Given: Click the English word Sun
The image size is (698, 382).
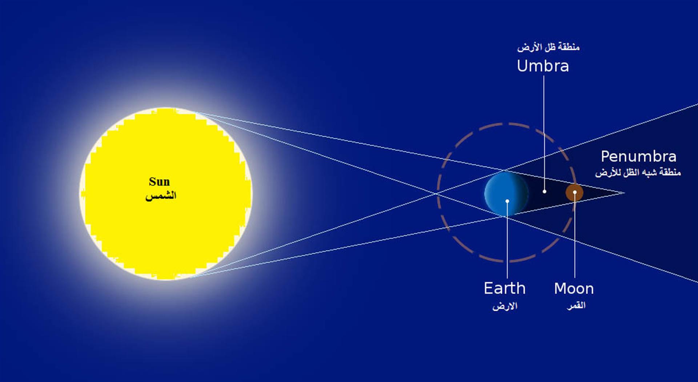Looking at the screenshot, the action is [159, 182].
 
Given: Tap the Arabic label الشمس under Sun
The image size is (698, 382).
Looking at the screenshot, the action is [161, 196].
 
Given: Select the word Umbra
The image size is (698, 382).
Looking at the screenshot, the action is [543, 66].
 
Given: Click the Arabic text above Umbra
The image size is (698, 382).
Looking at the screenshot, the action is [548, 47].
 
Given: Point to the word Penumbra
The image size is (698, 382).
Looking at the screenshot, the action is [638, 157].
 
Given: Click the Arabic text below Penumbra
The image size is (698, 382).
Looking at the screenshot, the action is [638, 172].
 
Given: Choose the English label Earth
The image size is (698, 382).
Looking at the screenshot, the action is [505, 289].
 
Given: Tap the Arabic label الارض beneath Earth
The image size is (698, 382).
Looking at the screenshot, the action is [505, 306].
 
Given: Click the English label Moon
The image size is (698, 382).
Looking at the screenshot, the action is [574, 289].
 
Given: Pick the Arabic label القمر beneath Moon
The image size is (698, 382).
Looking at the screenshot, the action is [576, 306].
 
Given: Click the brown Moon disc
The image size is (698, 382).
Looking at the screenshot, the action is [574, 193].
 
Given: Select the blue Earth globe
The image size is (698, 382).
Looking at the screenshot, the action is [506, 193].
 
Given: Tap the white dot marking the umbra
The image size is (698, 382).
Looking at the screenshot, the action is [544, 191].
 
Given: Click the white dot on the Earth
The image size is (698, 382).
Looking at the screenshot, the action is [507, 201].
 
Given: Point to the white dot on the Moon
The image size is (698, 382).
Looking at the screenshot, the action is [575, 192].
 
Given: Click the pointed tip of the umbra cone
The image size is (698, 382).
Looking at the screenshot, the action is [624, 193].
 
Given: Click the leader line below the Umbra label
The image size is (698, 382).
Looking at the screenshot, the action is [544, 133].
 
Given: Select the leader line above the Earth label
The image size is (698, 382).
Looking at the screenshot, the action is [507, 240].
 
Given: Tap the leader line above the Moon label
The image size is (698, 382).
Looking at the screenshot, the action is [575, 236].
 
